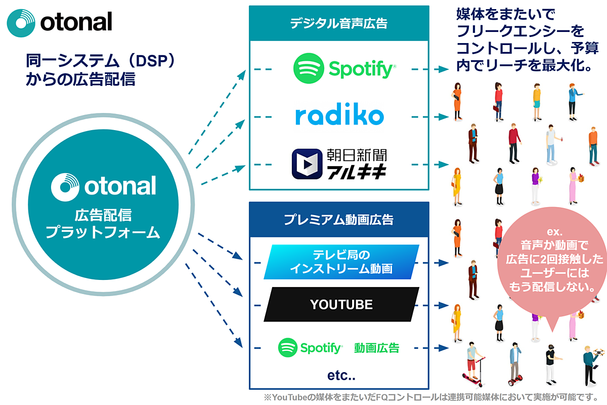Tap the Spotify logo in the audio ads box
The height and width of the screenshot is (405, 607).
tap(344, 68)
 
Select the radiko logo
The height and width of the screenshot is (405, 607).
tap(339, 116)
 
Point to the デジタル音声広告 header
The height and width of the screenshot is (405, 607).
tap(338, 23)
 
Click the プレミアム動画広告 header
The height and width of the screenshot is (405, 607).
tap(338, 220)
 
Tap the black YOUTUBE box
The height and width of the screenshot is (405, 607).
tap(341, 304)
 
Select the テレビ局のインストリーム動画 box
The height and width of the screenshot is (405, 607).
tap(341, 262)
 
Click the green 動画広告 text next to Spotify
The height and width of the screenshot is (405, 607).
tap(376, 348)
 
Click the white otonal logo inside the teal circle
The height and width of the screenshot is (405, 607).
tap(103, 186)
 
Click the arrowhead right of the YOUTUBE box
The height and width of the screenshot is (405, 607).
tap(445, 305)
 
